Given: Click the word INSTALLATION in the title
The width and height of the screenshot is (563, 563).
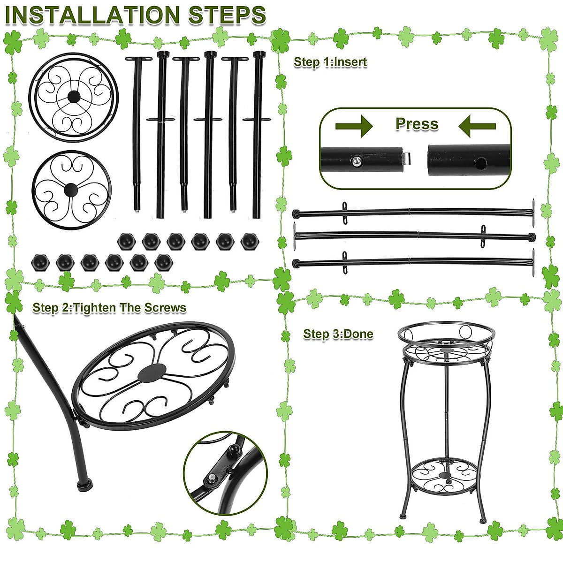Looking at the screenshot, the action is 93,15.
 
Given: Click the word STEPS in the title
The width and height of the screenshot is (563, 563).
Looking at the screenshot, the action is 227,15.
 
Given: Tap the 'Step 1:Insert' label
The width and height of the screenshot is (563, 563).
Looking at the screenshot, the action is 330,62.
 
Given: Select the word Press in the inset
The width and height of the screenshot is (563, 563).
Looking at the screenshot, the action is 417,124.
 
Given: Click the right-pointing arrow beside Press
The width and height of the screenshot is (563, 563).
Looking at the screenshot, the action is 354,126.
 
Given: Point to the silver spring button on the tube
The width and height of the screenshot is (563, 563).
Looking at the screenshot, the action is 357,161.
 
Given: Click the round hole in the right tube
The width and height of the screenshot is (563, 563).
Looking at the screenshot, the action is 479,163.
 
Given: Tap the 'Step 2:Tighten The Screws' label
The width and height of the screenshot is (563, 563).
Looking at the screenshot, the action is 109,308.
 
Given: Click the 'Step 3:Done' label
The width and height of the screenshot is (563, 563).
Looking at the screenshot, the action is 338,334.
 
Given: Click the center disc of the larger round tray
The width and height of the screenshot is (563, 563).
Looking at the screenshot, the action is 74,97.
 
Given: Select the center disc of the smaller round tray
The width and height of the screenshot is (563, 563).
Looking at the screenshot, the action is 71,190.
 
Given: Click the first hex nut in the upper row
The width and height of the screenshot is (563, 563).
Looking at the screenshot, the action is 126,241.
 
